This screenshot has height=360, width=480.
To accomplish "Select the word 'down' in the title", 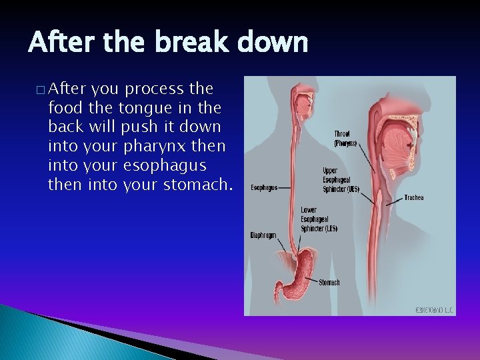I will click(276, 43).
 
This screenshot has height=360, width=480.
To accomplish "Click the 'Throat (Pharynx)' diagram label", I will click(345, 138).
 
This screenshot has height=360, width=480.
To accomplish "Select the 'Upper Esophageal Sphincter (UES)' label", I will click(341, 179).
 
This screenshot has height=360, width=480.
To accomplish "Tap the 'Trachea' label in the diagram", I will click(413, 197).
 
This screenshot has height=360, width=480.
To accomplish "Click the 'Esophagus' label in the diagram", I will click(265, 187).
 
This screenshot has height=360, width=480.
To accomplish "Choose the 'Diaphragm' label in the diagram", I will click(263, 235).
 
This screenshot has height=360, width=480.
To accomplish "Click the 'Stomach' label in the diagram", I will click(329, 283).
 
